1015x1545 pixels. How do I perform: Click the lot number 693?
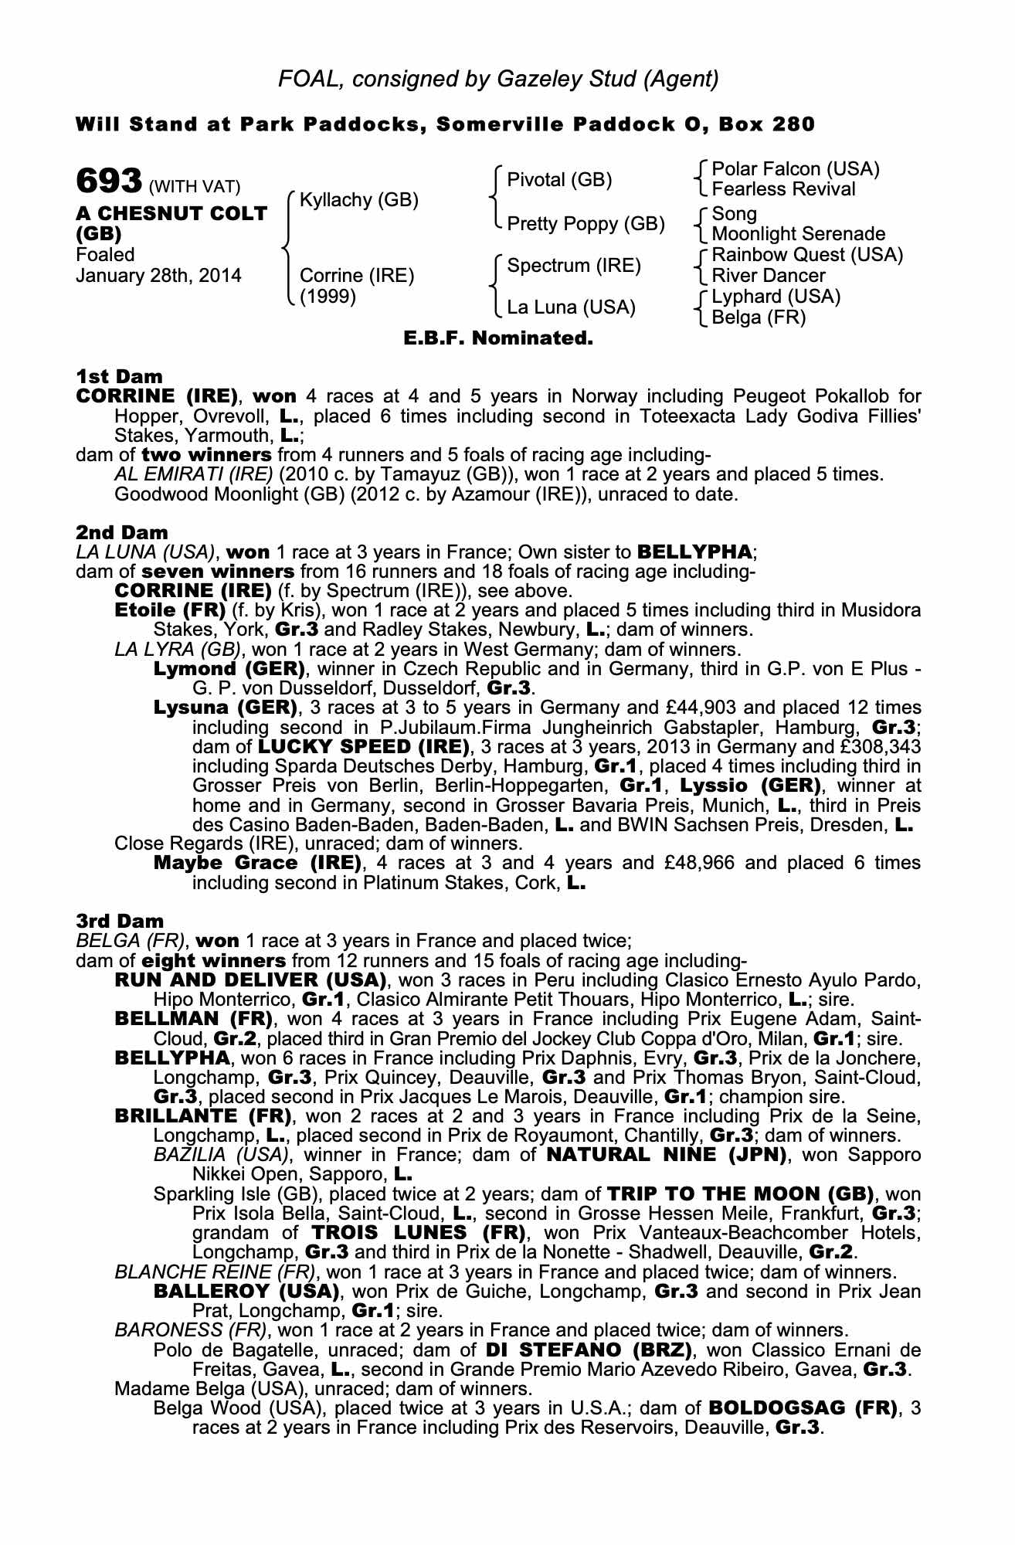pos(109,183)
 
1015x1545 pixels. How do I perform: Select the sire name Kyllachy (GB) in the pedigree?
pos(358,200)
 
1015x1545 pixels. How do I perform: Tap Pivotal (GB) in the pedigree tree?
pos(559,180)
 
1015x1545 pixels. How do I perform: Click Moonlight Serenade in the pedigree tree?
pos(799,233)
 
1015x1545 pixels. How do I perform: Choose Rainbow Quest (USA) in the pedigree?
pos(807,255)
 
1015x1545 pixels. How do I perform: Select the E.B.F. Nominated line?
pos(498,338)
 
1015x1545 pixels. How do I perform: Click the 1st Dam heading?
pos(120,376)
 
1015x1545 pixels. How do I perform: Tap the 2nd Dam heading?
pos(122,532)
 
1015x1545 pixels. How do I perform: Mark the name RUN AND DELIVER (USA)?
pos(250,980)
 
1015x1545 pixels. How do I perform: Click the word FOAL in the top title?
pos(306,78)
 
